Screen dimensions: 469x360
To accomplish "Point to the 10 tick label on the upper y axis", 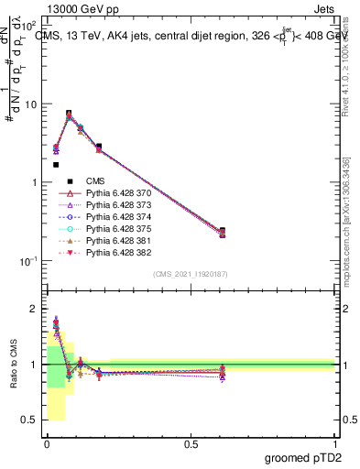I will pos(31,104).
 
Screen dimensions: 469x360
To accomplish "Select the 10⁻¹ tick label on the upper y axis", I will pos(29,261).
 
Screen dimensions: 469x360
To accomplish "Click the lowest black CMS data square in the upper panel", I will pos(56,165).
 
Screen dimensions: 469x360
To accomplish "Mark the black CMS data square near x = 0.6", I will pos(223,231).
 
